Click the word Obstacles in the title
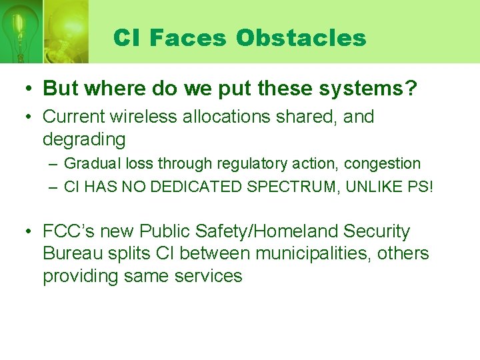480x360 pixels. (x=301, y=38)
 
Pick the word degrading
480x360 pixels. (x=84, y=139)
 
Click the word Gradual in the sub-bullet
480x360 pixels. (x=93, y=164)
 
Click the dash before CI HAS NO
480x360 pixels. (x=53, y=187)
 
